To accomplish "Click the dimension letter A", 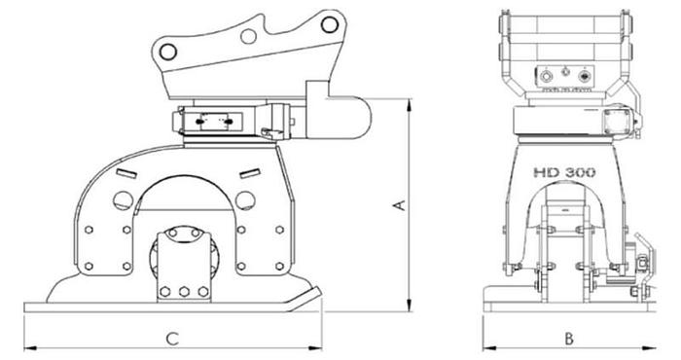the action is [x=397, y=205].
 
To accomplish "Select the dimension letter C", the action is [x=171, y=339].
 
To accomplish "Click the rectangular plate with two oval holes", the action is [x=216, y=123].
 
